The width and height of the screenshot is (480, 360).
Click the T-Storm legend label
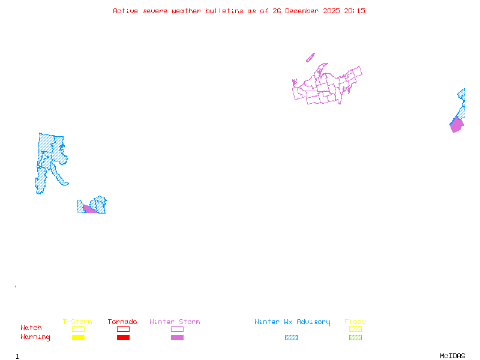(x=77, y=322)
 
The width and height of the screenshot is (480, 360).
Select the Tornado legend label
(x=122, y=322)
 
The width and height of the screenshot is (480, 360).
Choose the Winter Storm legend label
(x=175, y=322)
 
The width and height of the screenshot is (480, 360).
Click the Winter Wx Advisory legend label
(x=292, y=322)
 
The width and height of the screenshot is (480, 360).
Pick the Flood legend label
(x=355, y=322)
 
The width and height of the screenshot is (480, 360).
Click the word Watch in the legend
(x=31, y=328)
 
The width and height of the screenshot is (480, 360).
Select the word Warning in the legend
(x=35, y=337)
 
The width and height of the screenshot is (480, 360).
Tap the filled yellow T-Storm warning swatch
(x=78, y=338)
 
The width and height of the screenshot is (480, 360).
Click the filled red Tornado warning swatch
(x=123, y=338)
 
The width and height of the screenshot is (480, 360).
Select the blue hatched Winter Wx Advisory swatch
(x=291, y=338)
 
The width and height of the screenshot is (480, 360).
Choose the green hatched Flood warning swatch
(x=355, y=338)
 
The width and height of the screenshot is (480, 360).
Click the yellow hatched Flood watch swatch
(x=355, y=329)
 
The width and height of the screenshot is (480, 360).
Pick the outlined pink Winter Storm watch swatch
(x=177, y=329)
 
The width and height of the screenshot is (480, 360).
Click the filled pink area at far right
(x=457, y=125)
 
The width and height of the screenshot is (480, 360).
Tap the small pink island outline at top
(x=310, y=58)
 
